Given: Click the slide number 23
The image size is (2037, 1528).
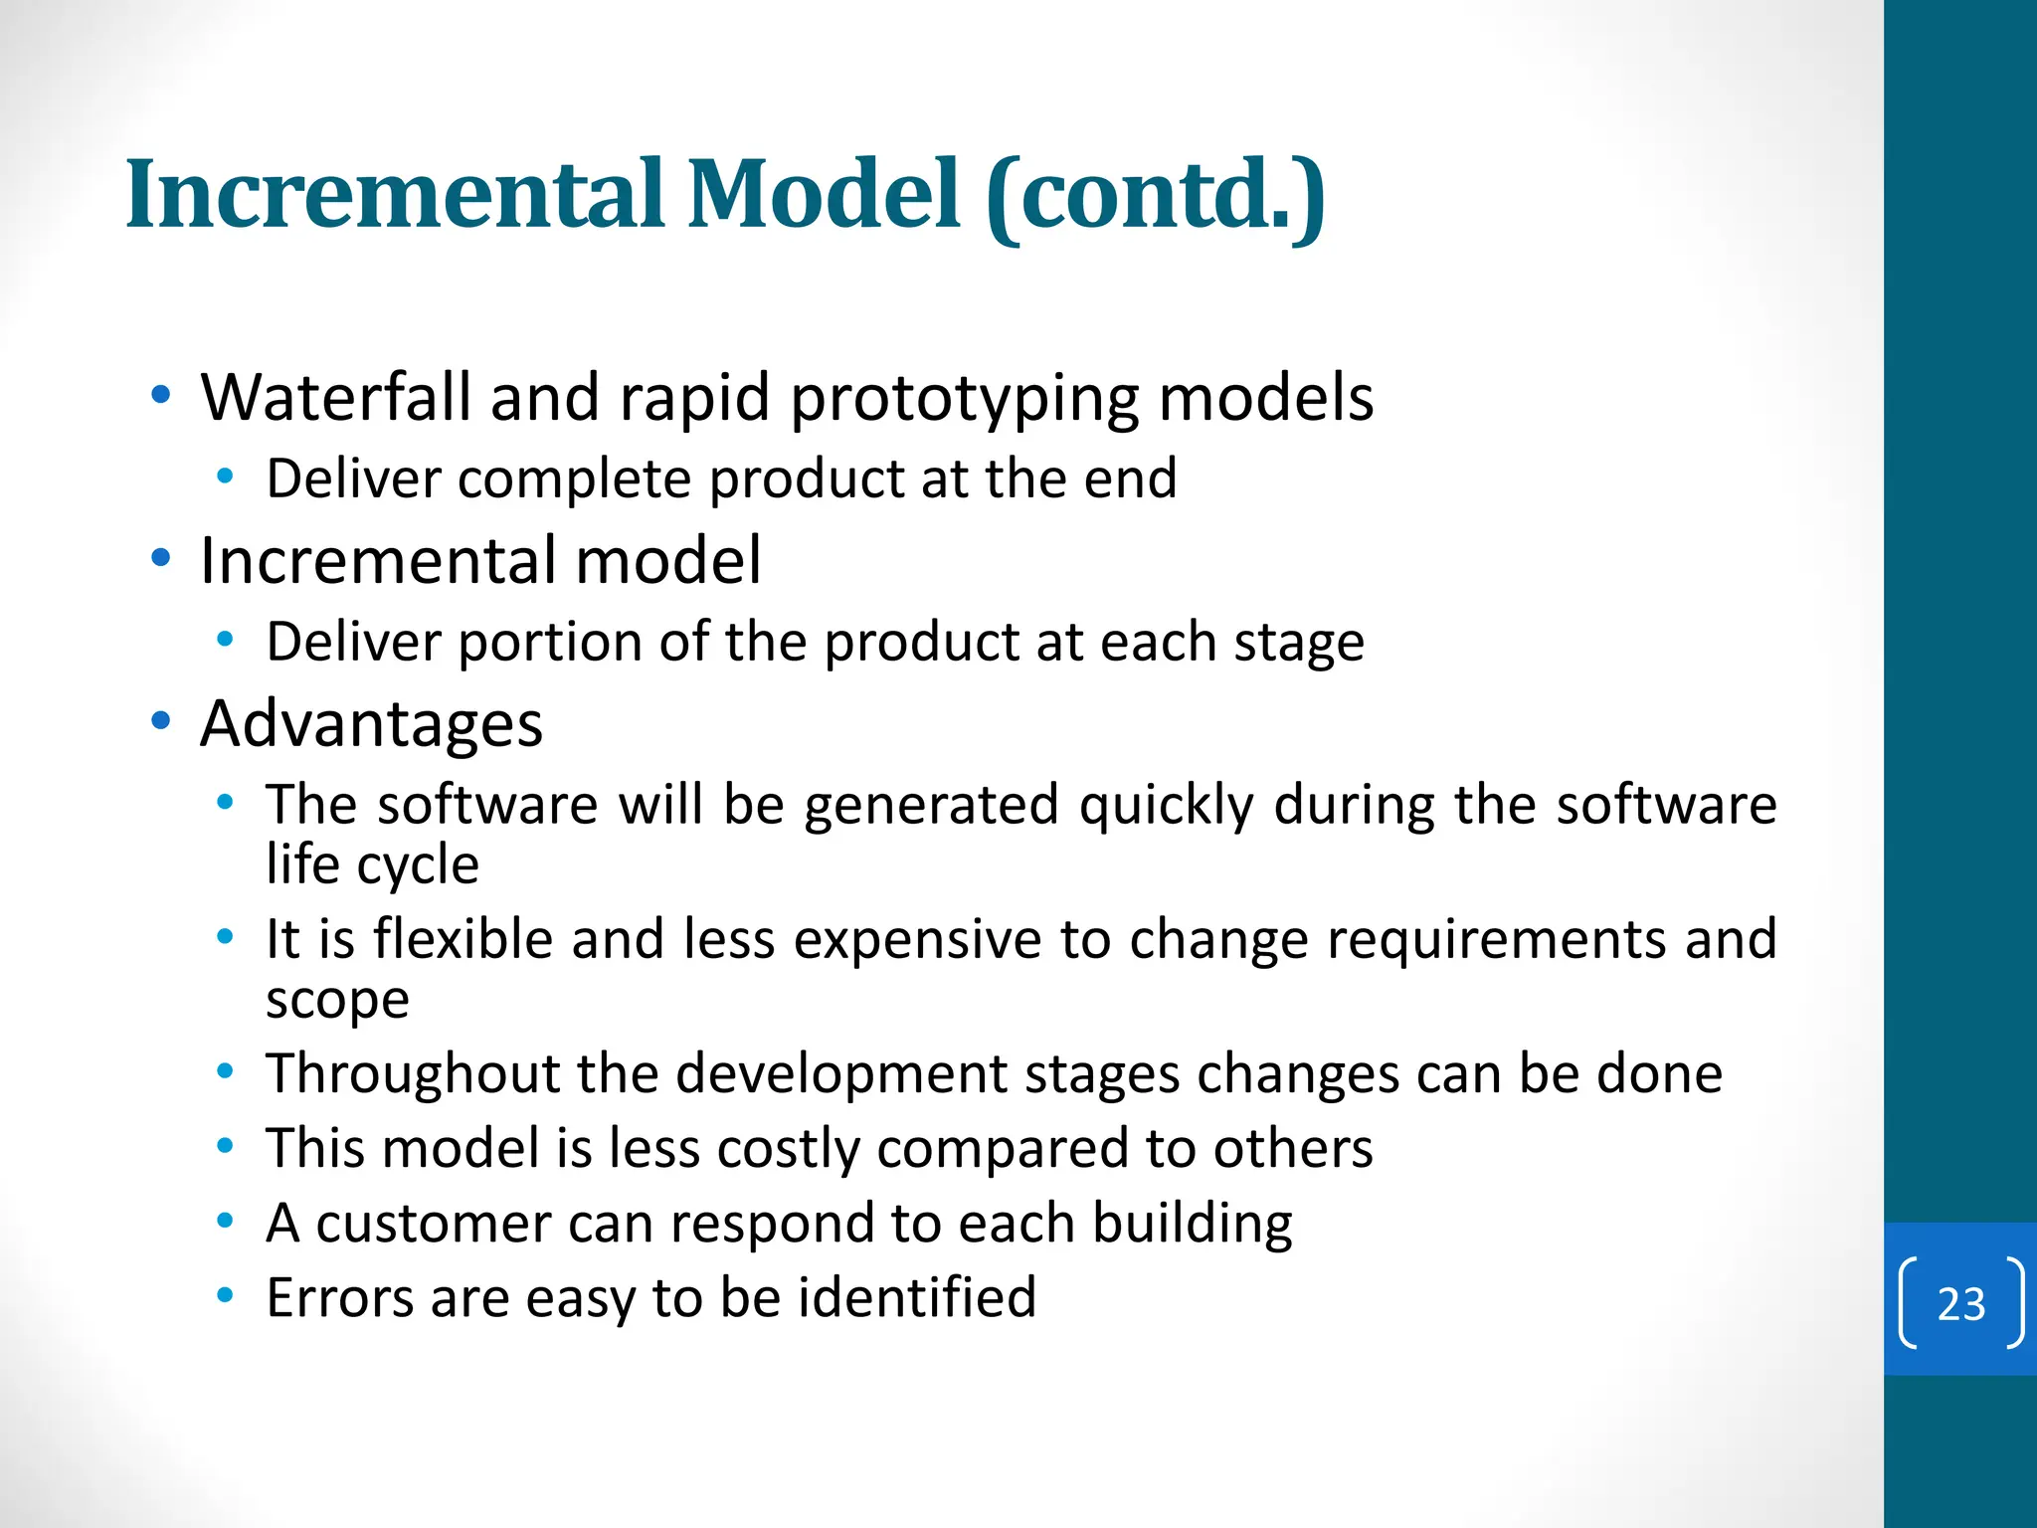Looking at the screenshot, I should [x=1960, y=1303].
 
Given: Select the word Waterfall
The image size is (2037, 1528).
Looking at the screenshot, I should [x=335, y=397].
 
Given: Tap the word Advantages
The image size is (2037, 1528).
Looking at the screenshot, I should [x=371, y=723].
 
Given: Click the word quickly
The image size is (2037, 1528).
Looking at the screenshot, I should [x=1167, y=805].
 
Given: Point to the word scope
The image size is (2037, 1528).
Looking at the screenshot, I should [x=337, y=1000].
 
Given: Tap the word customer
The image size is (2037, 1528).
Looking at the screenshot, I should [x=433, y=1224].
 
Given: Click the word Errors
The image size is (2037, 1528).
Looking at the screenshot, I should [x=338, y=1298].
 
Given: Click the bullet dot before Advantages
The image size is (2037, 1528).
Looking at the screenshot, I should [x=161, y=721].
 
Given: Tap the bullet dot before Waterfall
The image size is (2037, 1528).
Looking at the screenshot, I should [x=161, y=395].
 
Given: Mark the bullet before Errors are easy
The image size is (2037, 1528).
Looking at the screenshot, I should [x=226, y=1295].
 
